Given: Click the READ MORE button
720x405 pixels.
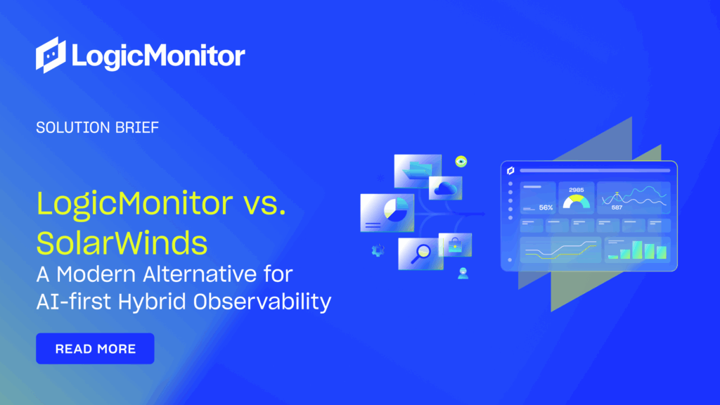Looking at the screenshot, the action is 95,349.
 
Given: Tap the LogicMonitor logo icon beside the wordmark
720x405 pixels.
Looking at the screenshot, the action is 51,55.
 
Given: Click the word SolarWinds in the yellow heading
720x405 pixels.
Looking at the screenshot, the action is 122,243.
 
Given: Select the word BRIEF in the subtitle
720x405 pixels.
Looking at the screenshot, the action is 137,127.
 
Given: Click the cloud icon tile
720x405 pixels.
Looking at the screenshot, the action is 445,188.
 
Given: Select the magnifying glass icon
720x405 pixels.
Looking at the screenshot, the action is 420,253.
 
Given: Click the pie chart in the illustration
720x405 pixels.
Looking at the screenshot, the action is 395,209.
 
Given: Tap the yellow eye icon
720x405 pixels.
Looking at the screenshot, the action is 461,161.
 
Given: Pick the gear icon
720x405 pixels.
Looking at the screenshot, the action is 378,250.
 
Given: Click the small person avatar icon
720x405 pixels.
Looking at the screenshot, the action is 463,274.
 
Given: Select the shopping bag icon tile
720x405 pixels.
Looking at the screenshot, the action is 455,245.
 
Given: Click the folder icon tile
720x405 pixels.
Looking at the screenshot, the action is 418,172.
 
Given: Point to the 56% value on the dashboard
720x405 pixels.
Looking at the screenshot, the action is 546,207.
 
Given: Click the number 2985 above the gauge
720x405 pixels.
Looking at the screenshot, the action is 577,190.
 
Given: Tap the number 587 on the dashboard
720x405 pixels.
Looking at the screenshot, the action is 617,207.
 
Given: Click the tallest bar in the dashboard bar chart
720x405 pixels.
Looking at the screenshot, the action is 637,250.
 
